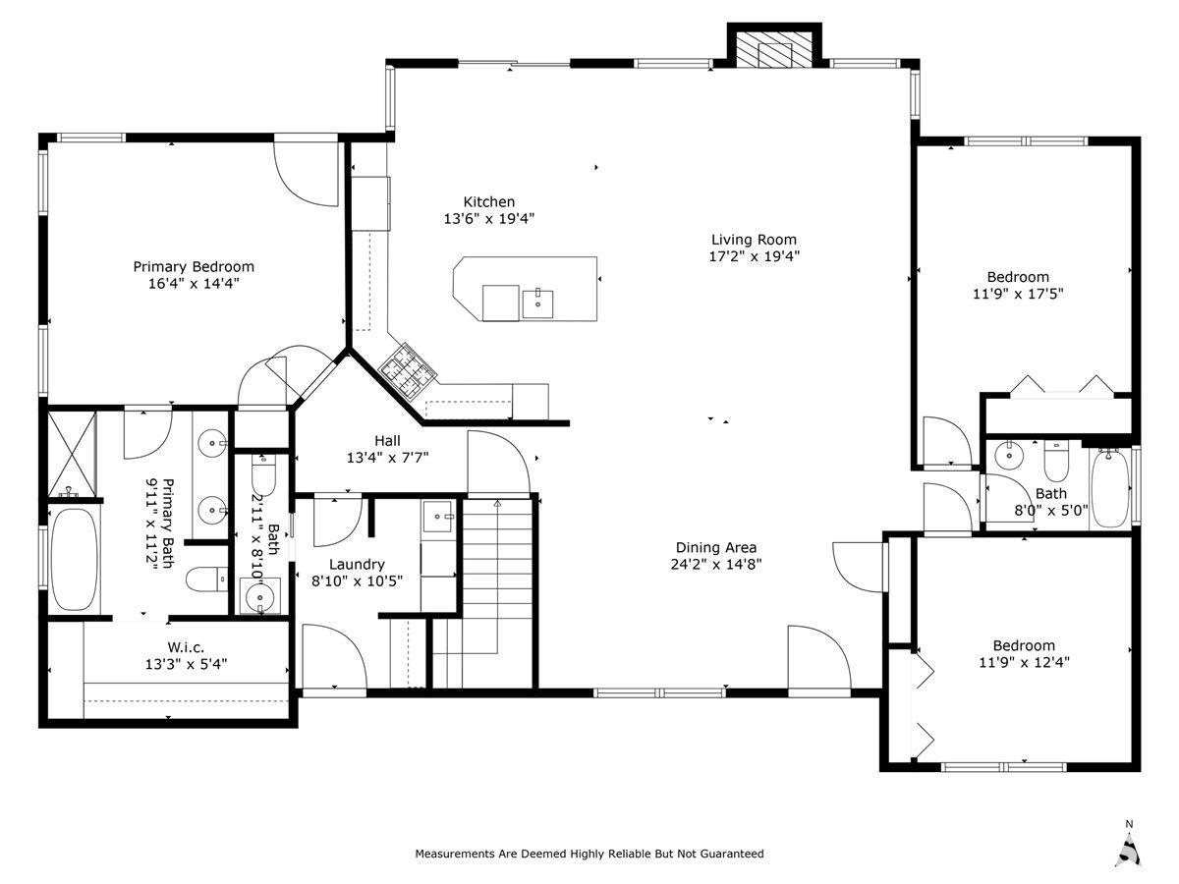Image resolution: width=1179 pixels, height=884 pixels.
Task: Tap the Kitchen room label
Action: click(x=488, y=202)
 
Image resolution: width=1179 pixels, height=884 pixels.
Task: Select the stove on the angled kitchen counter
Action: click(x=408, y=370)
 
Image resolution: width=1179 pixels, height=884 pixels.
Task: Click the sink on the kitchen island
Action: click(x=537, y=303)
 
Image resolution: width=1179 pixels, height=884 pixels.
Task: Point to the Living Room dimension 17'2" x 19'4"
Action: click(x=754, y=256)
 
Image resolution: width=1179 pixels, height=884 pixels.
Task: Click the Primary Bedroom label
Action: click(x=194, y=266)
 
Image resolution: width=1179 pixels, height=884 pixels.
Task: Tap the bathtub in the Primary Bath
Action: click(x=74, y=559)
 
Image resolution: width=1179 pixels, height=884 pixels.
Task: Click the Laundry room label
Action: click(x=357, y=564)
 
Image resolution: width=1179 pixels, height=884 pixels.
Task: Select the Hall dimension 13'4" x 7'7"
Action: click(x=387, y=458)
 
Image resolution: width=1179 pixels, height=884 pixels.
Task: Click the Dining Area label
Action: click(x=716, y=547)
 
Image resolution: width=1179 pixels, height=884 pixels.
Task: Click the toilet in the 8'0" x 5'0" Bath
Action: click(x=1056, y=458)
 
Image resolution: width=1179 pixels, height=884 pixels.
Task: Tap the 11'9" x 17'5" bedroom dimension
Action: click(x=1018, y=293)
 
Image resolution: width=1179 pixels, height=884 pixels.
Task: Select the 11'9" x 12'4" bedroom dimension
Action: click(x=1023, y=662)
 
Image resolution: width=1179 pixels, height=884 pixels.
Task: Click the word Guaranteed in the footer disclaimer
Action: click(x=729, y=854)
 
